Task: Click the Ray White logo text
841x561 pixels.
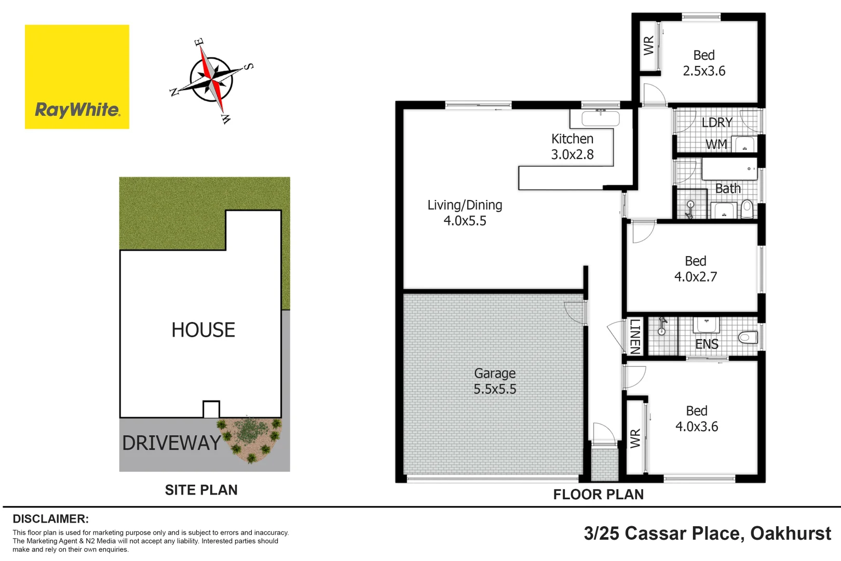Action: (77, 110)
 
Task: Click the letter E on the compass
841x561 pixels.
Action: (199, 42)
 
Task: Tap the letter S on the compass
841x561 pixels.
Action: (249, 66)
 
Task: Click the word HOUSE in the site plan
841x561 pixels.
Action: (203, 330)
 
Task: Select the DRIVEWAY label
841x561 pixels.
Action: (171, 443)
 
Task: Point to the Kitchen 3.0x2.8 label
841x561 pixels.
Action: (572, 146)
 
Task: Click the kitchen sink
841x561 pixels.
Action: (601, 119)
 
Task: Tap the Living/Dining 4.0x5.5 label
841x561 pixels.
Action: (465, 213)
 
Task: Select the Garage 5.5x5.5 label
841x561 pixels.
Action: (495, 381)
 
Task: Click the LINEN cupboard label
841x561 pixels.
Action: (634, 337)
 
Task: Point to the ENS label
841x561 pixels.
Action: (707, 344)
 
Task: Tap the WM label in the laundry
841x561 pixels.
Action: (716, 144)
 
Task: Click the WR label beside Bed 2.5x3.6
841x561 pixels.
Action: (648, 45)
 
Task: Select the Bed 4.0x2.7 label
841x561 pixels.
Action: (696, 269)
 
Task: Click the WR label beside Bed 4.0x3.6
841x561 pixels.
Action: (635, 438)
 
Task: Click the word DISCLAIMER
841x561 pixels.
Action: (50, 519)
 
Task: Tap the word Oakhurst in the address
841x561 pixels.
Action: (790, 533)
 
